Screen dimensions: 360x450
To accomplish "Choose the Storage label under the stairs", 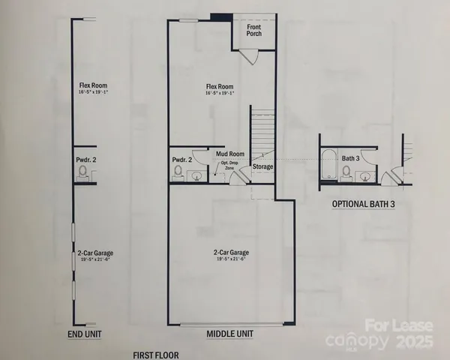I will tap(262, 166).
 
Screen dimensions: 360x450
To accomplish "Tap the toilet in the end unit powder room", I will tap(82, 173).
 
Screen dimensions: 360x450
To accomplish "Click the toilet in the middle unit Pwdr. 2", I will tap(178, 172).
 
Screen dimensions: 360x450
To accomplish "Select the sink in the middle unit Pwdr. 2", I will tap(196, 176).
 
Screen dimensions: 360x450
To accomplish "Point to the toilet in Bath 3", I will tap(346, 172).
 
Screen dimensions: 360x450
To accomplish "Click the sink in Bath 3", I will tap(364, 176).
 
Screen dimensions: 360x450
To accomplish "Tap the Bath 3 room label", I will tap(350, 158).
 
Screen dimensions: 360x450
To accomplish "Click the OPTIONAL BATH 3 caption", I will tap(363, 204).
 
